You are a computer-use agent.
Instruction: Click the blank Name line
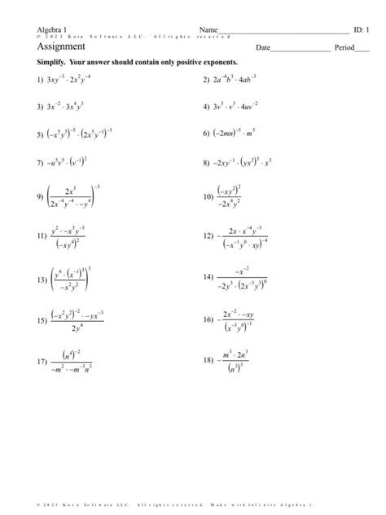285,32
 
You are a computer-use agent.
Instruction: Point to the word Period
344,48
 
